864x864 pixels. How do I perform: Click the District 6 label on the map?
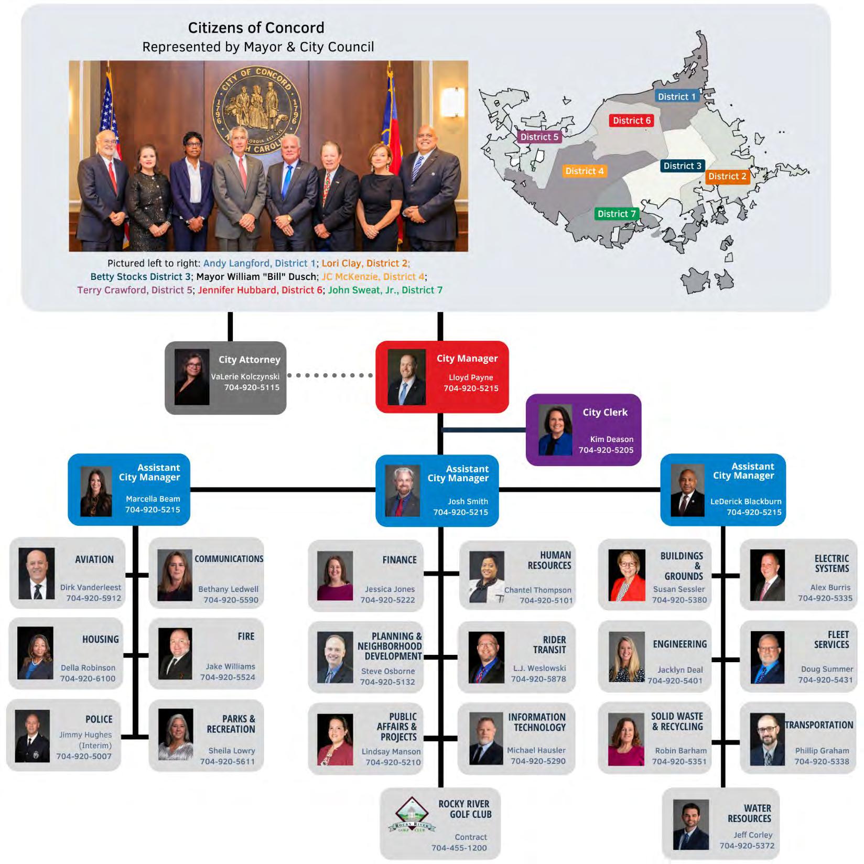631,121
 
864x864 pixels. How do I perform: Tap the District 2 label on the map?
727,177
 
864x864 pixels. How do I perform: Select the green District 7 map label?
617,214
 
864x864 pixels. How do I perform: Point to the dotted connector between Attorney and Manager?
330,375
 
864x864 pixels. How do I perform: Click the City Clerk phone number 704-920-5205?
606,450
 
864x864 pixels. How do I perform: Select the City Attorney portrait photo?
192,377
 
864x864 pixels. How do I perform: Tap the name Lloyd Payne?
470,377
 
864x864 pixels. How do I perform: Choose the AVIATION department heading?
94,559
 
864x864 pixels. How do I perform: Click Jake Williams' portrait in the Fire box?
175,654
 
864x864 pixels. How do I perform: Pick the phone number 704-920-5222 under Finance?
387,600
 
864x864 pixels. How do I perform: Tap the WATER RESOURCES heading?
750,813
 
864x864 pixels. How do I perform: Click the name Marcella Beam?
153,499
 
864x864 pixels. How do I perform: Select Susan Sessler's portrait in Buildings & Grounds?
627,575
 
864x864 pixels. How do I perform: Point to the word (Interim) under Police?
95,746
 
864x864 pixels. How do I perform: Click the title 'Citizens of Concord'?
256,28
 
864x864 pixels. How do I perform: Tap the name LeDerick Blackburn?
746,501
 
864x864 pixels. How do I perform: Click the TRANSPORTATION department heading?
818,725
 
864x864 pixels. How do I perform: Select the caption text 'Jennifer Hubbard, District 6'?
260,290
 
